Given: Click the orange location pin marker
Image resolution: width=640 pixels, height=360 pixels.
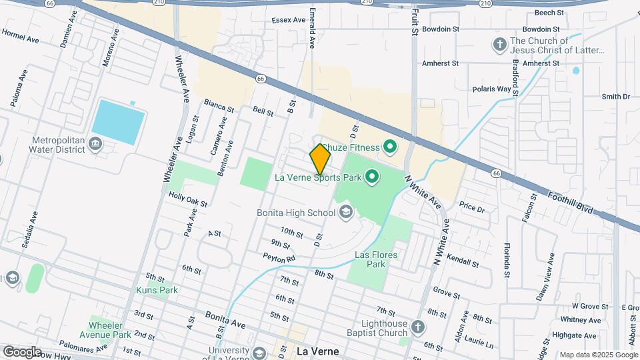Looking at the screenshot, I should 320,159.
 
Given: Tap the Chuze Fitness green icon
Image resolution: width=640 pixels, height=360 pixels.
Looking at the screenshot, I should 391,147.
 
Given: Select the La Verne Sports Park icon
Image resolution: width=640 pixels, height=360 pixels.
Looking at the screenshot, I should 371,177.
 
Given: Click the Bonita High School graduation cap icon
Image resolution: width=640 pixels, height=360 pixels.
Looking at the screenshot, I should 345,213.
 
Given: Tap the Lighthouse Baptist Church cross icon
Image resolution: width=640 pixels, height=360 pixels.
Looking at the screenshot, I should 417,327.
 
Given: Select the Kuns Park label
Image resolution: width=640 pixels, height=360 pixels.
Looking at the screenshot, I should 157,290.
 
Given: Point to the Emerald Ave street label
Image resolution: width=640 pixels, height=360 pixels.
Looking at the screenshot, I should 311,29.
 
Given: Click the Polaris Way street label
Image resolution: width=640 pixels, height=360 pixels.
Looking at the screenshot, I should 492,88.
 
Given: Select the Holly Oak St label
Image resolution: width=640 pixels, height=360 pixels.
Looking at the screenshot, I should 188,199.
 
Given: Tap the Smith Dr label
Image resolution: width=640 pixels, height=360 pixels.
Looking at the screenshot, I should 615,97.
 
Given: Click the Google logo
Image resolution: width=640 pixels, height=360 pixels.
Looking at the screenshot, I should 22,351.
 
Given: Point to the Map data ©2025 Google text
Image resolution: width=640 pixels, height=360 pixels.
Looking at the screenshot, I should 597,355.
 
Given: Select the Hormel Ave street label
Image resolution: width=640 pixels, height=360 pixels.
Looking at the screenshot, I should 20,35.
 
